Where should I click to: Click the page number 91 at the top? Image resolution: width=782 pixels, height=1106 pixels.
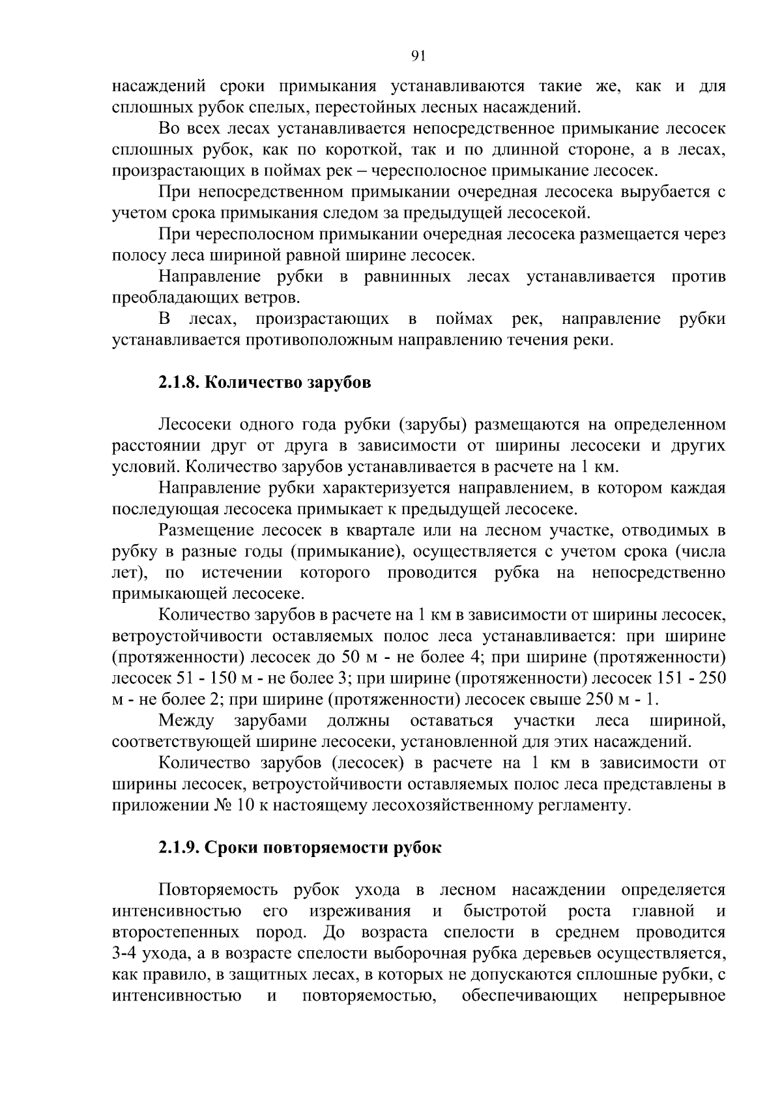coord(419,56)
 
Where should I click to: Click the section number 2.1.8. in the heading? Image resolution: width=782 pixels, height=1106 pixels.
coord(179,383)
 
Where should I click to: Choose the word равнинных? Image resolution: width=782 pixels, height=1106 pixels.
coord(407,277)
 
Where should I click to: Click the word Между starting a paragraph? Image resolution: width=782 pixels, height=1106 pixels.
coord(186,720)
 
